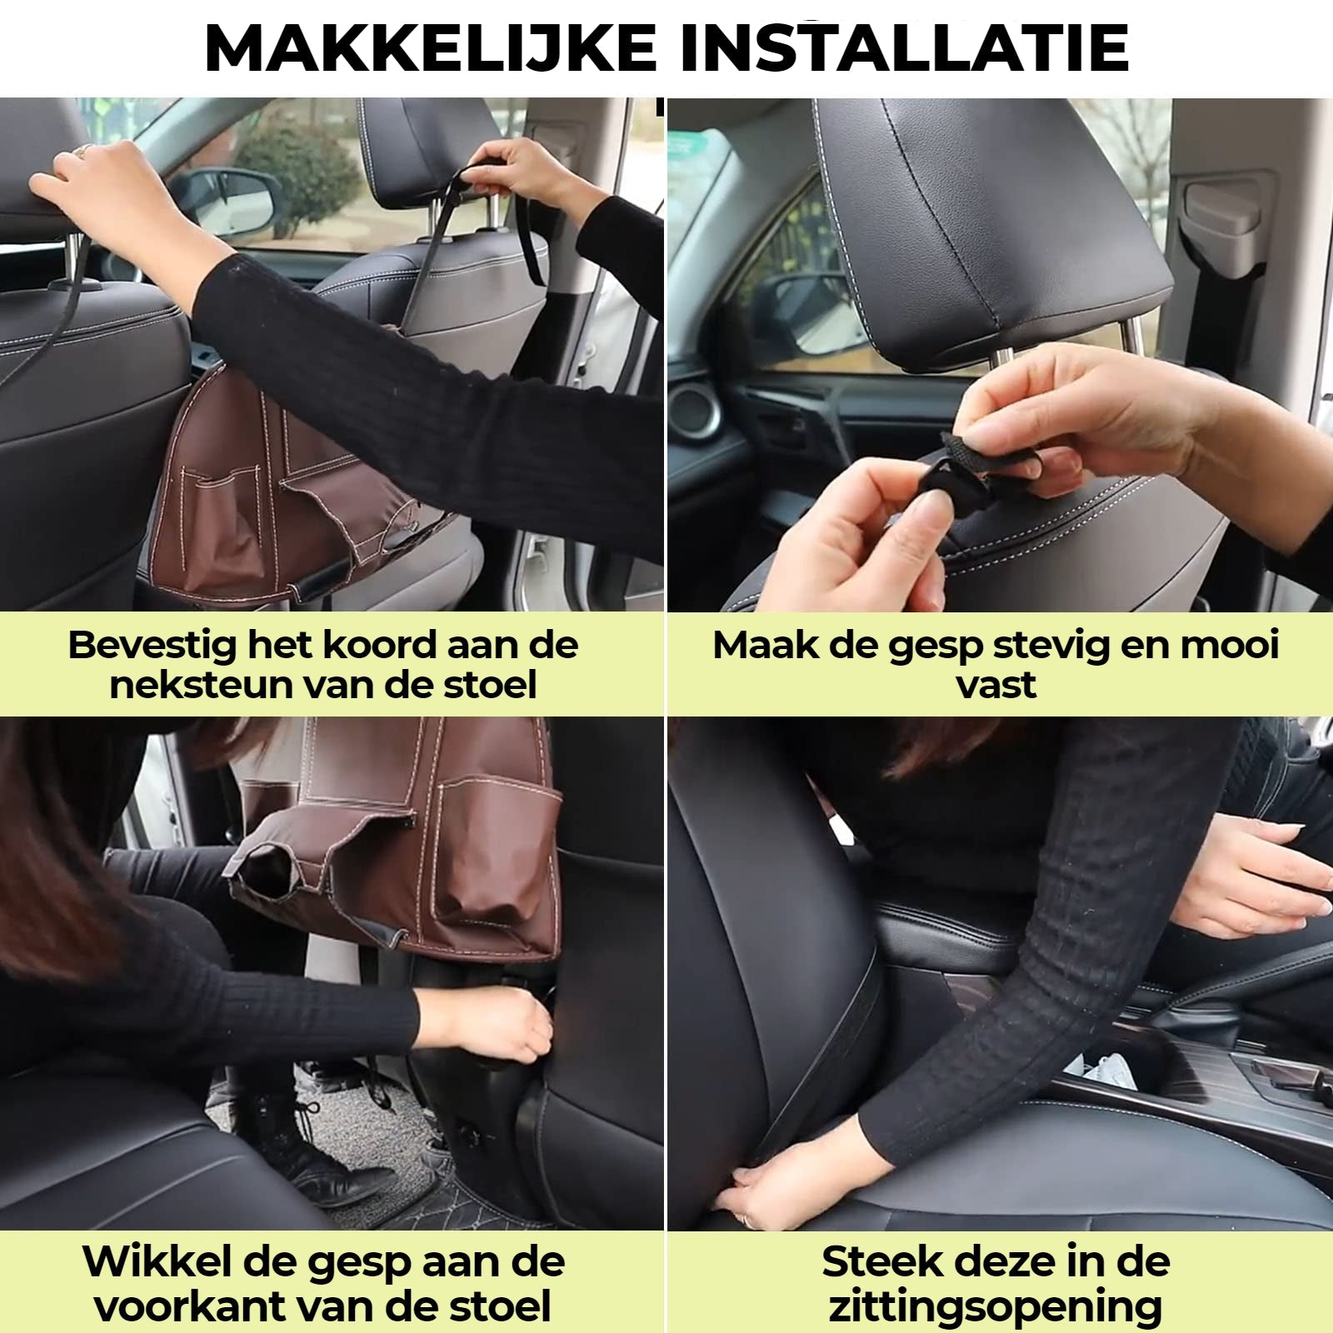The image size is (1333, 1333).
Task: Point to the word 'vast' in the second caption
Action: pyautogui.click(x=996, y=685)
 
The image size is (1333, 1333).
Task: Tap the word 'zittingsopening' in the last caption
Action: pyautogui.click(x=995, y=1305)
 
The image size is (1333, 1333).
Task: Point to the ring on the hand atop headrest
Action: pyautogui.click(x=85, y=150)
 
